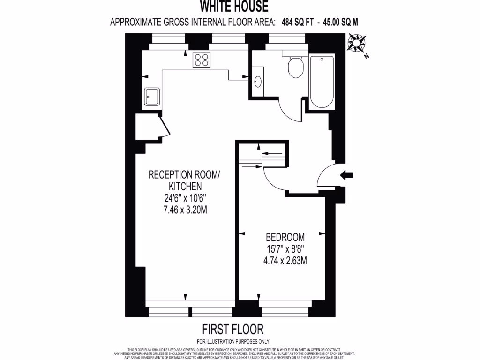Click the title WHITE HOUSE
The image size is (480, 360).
(234, 7)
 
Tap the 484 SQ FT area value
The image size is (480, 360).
(298, 22)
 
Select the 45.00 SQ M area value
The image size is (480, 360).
(338, 22)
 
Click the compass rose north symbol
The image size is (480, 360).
(358, 44)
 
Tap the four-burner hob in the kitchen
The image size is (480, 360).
(202, 60)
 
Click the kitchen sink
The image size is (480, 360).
(152, 97)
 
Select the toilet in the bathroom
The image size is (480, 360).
(295, 67)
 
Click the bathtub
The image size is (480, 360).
(322, 81)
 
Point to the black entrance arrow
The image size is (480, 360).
(347, 175)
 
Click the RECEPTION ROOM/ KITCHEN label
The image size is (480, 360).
(184, 180)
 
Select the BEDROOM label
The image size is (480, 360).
(285, 237)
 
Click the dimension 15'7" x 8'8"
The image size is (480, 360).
(285, 248)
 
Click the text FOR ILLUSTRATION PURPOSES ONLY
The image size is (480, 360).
(233, 341)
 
